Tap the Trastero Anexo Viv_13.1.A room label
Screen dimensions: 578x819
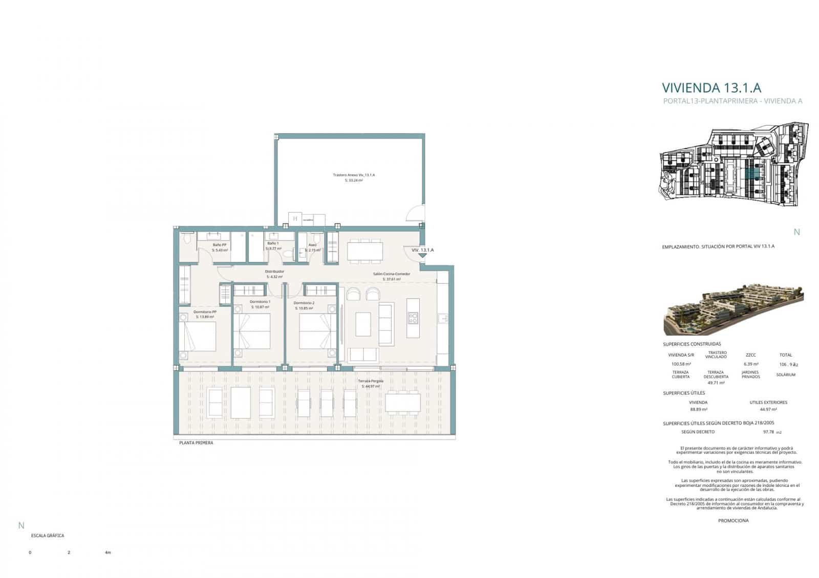pyautogui.click(x=354, y=175)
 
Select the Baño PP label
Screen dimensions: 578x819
pyautogui.click(x=220, y=245)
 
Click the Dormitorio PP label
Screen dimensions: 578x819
pyautogui.click(x=205, y=312)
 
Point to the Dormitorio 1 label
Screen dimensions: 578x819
pyautogui.click(x=260, y=302)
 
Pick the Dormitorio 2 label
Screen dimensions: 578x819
pyautogui.click(x=304, y=303)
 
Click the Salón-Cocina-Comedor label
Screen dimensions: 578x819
pyautogui.click(x=391, y=274)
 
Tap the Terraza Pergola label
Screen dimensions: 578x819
pyautogui.click(x=371, y=382)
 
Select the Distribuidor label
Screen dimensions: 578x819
pyautogui.click(x=274, y=272)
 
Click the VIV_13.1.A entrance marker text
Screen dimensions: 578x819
pyautogui.click(x=422, y=250)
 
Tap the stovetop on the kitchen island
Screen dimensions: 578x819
pyautogui.click(x=413, y=318)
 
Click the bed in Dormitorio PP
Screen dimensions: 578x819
pyautogui.click(x=198, y=335)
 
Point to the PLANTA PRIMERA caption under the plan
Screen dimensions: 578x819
pyautogui.click(x=196, y=443)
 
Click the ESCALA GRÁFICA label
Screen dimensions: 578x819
pyautogui.click(x=48, y=536)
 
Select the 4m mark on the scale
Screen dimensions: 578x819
pyautogui.click(x=107, y=553)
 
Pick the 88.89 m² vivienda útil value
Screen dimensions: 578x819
pyautogui.click(x=698, y=409)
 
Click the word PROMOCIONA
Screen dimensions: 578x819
pyautogui.click(x=733, y=521)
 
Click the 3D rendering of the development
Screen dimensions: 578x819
pyautogui.click(x=733, y=307)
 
